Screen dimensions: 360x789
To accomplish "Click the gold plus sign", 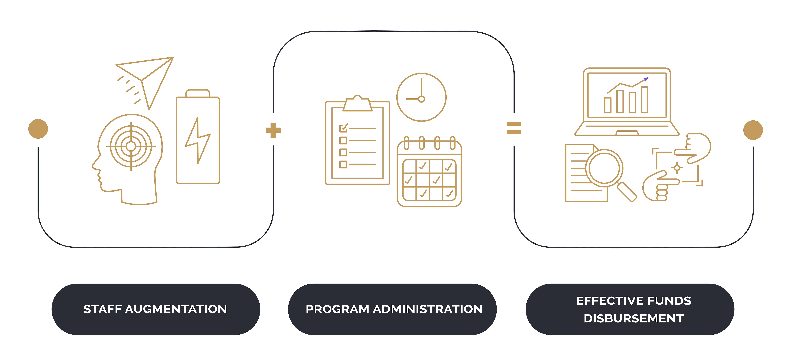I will pyautogui.click(x=273, y=130).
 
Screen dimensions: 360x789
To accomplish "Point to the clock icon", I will pyautogui.click(x=421, y=97).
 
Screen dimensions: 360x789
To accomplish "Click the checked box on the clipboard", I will pyautogui.click(x=343, y=128).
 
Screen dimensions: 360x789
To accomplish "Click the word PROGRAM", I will pyautogui.click(x=337, y=309).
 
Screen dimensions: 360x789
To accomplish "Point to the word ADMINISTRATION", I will pyautogui.click(x=428, y=309).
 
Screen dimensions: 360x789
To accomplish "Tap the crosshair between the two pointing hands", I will pyautogui.click(x=677, y=168).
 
